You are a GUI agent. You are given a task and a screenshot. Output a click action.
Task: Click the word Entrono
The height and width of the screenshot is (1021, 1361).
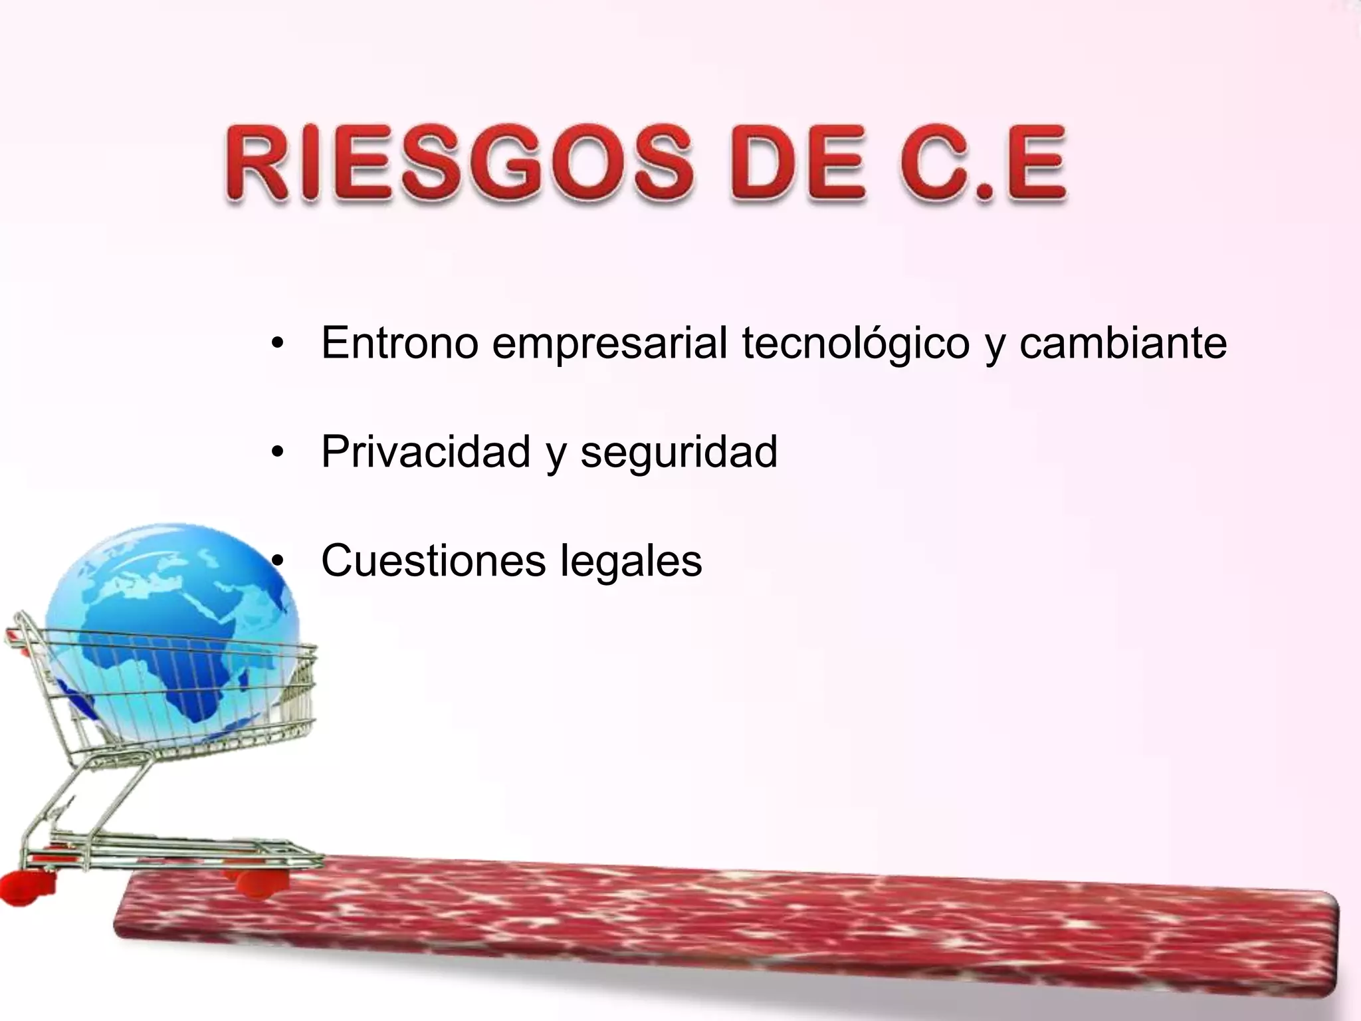[x=399, y=343]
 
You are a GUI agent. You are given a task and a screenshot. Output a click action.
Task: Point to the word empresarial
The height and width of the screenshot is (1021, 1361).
[x=609, y=344]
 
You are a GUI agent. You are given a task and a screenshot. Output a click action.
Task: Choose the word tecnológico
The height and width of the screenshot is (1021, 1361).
[x=855, y=344]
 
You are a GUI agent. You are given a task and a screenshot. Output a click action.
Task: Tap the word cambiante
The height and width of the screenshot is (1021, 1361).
[x=1122, y=343]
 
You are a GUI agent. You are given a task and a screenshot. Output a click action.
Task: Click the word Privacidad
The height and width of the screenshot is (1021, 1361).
[x=425, y=452]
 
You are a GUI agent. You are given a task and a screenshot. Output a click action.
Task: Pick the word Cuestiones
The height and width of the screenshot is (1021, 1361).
[x=433, y=560]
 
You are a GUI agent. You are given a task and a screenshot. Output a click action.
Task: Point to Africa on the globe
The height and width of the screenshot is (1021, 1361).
[x=159, y=658]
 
